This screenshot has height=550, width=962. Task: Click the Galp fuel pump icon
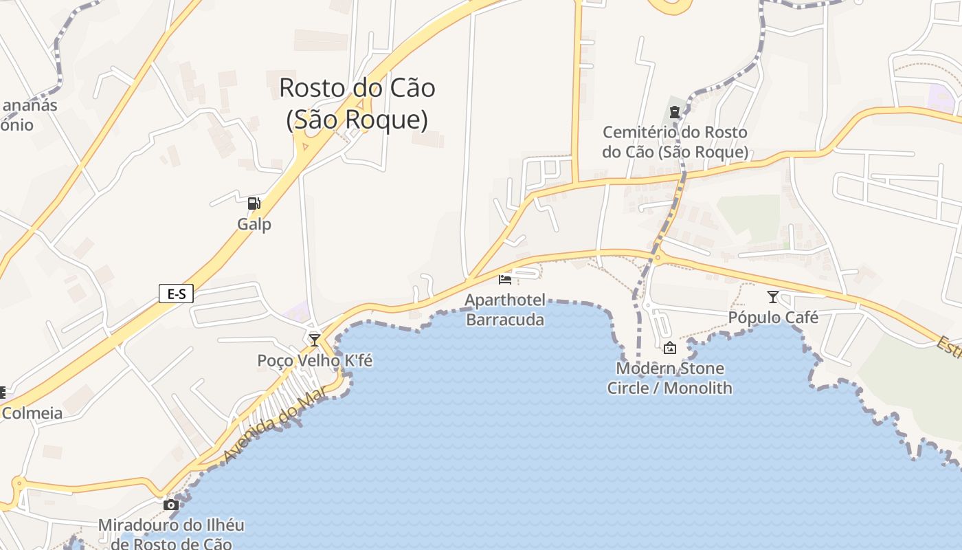254,203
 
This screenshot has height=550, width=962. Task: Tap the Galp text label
254,224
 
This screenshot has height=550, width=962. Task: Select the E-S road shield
176,294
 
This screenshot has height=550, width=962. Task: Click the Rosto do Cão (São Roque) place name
357,103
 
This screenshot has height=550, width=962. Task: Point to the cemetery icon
675,111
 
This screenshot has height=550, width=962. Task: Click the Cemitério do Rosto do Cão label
675,142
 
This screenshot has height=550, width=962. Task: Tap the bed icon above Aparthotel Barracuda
505,279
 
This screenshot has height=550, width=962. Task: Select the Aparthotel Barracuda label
505,309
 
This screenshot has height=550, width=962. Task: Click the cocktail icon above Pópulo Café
773,297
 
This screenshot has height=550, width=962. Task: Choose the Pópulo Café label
773,318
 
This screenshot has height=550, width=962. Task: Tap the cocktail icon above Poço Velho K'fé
315,340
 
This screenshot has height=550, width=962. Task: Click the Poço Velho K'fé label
315,360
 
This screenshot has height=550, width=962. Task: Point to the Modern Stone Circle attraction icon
670,349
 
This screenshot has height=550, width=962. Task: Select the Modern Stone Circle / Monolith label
670,378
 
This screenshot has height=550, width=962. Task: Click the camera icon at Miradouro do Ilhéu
170,505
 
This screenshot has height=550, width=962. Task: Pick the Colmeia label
32,413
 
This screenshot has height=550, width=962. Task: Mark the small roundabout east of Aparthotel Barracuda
658,258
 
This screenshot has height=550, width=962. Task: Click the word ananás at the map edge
30,106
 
